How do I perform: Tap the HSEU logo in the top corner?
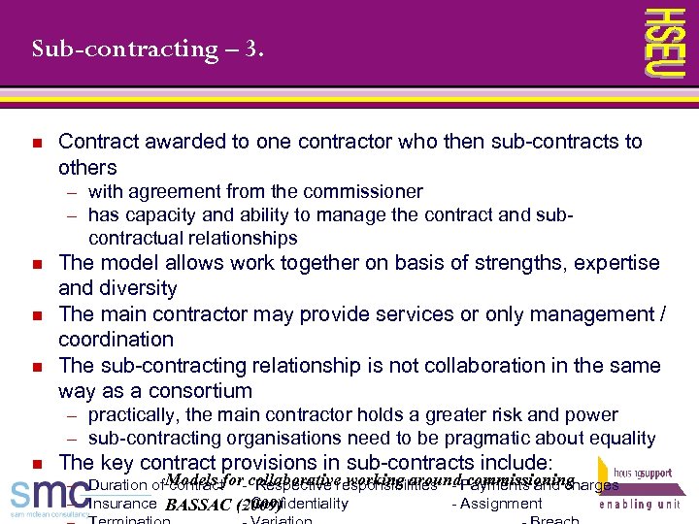[x=666, y=43]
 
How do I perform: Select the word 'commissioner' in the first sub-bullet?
[x=368, y=191]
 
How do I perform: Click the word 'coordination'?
[x=116, y=340]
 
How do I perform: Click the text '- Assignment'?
[x=497, y=504]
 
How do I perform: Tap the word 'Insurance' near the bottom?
[x=121, y=504]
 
